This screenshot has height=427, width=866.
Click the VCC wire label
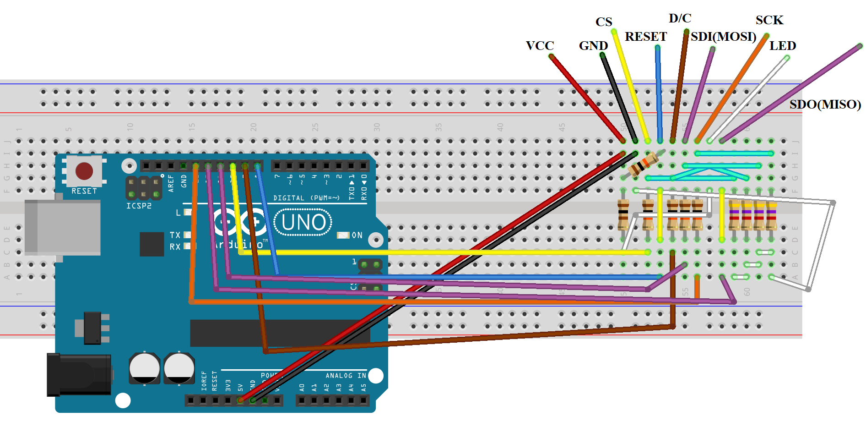pyautogui.click(x=540, y=46)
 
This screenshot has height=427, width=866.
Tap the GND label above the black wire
pyautogui.click(x=593, y=46)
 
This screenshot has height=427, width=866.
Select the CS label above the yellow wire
pyautogui.click(x=604, y=22)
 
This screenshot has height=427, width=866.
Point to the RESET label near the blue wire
pyautogui.click(x=646, y=37)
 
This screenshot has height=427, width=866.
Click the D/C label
pyautogui.click(x=680, y=18)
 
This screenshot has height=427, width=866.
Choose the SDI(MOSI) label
pyautogui.click(x=723, y=37)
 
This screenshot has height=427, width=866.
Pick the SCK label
pyautogui.click(x=769, y=20)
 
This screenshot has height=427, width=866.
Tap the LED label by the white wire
pyautogui.click(x=783, y=46)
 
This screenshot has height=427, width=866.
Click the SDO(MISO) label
pyautogui.click(x=825, y=104)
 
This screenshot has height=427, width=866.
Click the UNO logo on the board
pyautogui.click(x=303, y=222)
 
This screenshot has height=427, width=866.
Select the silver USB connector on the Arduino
pyautogui.click(x=63, y=227)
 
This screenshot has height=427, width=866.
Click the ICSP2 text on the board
pyautogui.click(x=139, y=206)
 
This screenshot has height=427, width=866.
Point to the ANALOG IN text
pyautogui.click(x=346, y=376)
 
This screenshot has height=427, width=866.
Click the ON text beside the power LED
pyautogui.click(x=357, y=235)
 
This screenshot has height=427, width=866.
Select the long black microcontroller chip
pyautogui.click(x=279, y=333)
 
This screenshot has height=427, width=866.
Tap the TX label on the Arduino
pyautogui.click(x=175, y=235)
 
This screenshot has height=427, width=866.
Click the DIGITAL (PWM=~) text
pyautogui.click(x=306, y=198)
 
